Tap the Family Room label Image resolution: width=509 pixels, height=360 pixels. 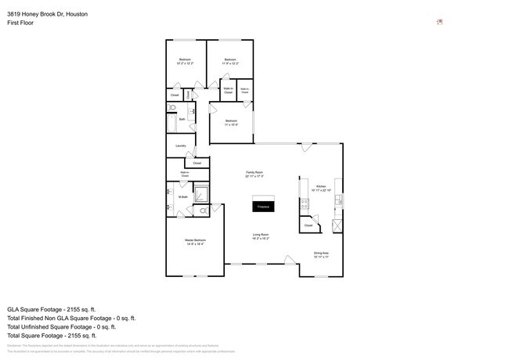pyautogui.click(x=254, y=174)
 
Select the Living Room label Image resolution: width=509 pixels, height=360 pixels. pyautogui.click(x=261, y=236)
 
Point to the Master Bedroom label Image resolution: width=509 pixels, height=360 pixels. pyautogui.click(x=195, y=242)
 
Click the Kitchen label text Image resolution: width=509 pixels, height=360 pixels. pyautogui.click(x=322, y=189)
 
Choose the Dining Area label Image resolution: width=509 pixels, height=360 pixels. pyautogui.click(x=321, y=254)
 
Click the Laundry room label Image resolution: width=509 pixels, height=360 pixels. pyautogui.click(x=180, y=146)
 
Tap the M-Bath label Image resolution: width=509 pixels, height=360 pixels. pyautogui.click(x=182, y=197)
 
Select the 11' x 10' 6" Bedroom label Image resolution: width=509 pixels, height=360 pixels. pyautogui.click(x=231, y=122)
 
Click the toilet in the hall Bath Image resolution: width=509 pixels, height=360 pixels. pyautogui.click(x=173, y=108)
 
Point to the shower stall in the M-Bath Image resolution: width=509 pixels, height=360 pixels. pyautogui.click(x=200, y=193)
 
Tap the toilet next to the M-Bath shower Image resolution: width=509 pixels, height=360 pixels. pyautogui.click(x=202, y=211)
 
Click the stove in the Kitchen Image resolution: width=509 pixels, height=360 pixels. pyautogui.click(x=302, y=206)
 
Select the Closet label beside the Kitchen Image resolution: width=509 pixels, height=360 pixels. pyautogui.click(x=309, y=225)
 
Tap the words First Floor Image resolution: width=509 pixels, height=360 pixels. pyautogui.click(x=21, y=23)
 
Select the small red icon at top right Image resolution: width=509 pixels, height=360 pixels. pyautogui.click(x=440, y=21)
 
